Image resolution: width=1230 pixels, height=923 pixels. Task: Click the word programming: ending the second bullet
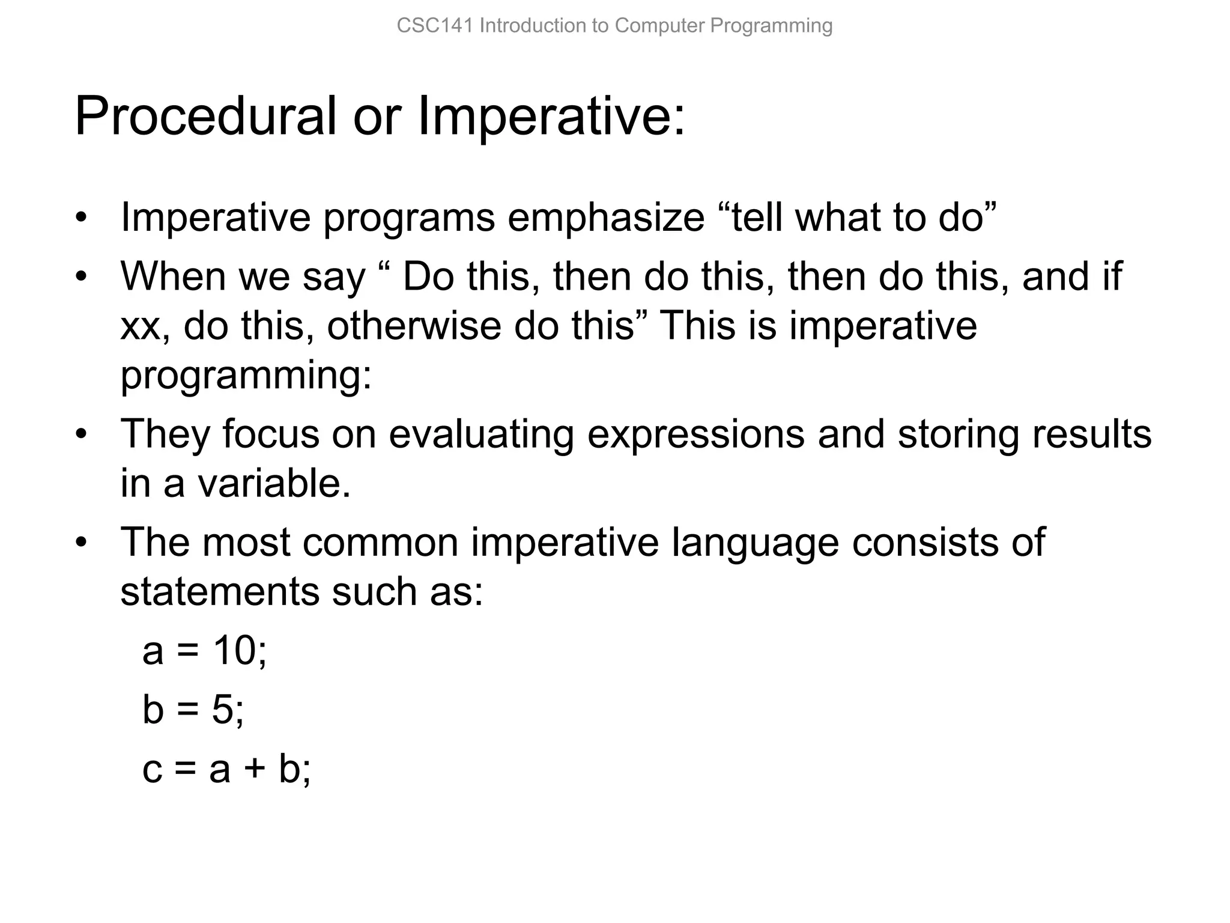point(246,376)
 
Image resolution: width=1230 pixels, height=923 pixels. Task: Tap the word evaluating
point(481,434)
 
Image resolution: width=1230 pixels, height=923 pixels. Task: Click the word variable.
point(274,483)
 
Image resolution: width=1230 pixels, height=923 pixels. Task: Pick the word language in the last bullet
point(755,542)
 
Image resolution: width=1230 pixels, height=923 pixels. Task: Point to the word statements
point(220,592)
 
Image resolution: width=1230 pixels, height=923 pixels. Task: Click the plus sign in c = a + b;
point(255,769)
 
